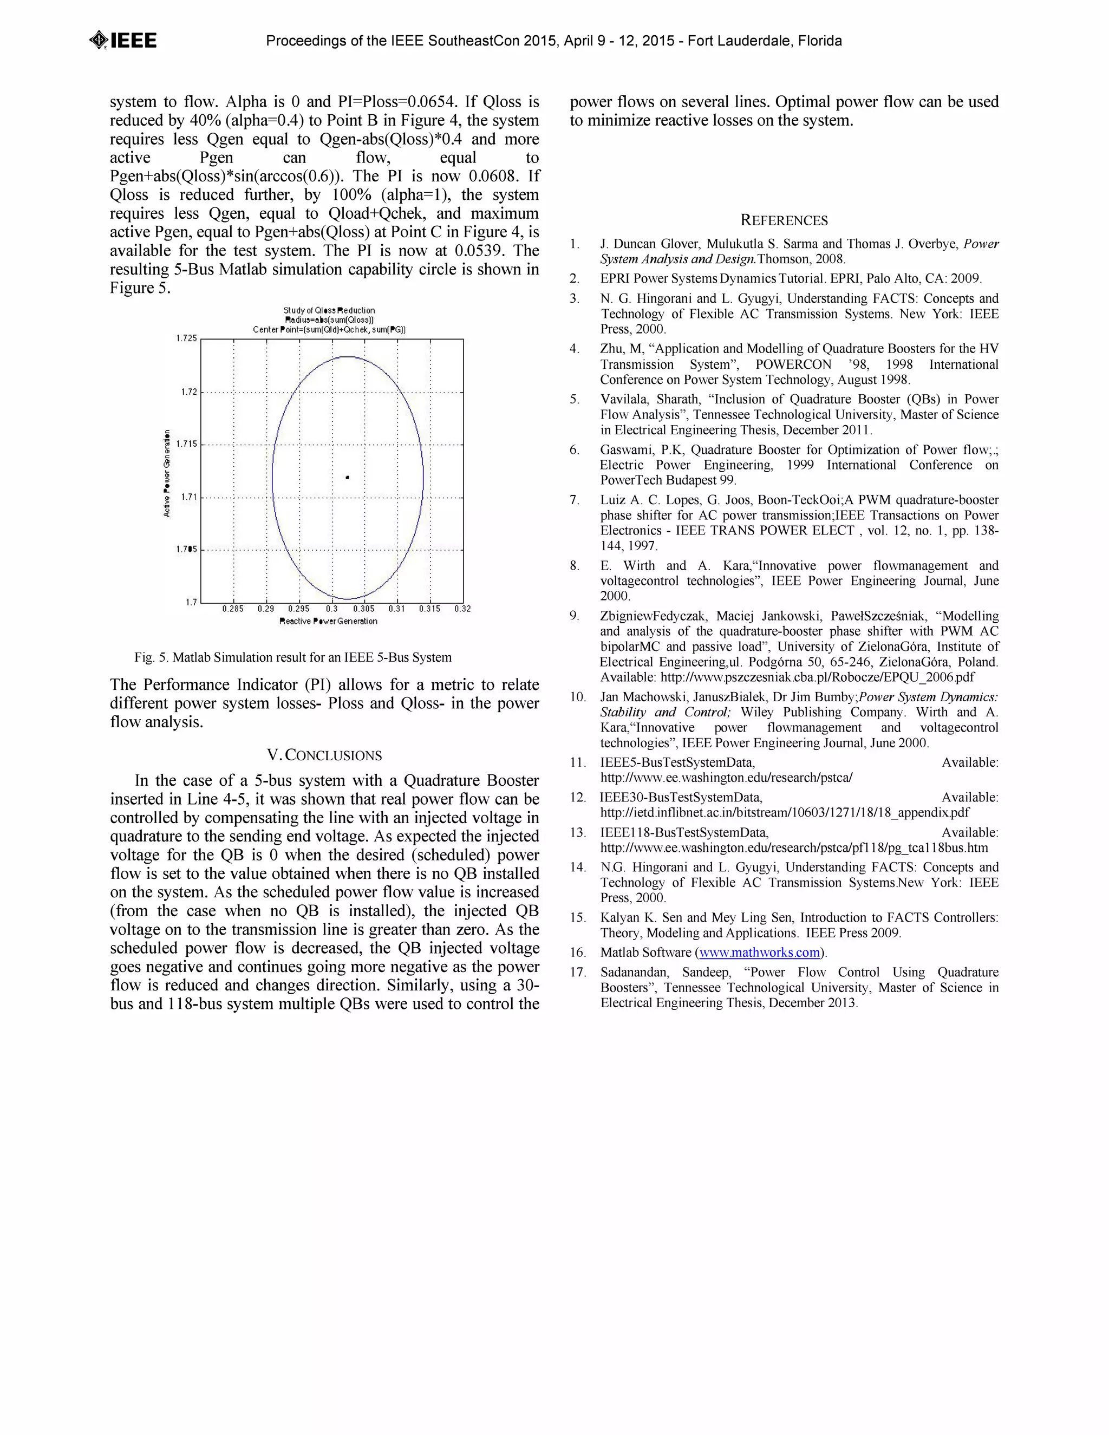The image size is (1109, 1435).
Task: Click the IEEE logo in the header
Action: point(123,41)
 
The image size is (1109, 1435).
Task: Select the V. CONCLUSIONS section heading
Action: point(324,755)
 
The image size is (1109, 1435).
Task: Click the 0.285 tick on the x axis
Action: point(232,609)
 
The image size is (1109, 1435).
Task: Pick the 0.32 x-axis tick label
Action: point(462,609)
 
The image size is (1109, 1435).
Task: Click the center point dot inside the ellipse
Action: point(348,478)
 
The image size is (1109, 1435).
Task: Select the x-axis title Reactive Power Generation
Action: point(329,622)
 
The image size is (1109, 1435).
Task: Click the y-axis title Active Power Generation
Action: point(167,473)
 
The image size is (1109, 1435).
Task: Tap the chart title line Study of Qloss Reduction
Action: point(329,310)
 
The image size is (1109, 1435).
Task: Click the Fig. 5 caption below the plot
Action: point(293,658)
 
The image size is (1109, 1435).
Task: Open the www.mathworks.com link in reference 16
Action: point(760,953)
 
